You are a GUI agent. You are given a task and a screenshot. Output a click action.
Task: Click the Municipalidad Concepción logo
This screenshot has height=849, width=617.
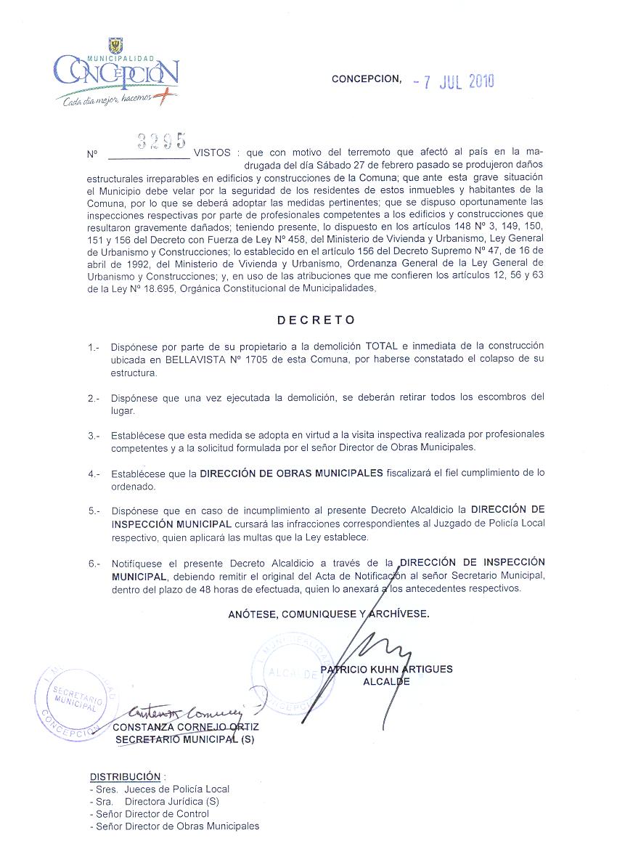(x=115, y=73)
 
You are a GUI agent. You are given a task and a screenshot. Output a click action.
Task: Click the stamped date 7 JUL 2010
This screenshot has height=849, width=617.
(x=453, y=81)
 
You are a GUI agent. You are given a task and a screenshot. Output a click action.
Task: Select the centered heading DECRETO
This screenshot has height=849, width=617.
(x=316, y=320)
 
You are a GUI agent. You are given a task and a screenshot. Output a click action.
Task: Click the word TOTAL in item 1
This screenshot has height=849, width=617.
(x=382, y=346)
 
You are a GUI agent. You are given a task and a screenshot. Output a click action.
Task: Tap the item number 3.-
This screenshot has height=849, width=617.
(x=94, y=436)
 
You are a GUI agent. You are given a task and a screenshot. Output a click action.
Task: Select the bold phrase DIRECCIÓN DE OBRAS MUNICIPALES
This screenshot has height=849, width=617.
(x=291, y=473)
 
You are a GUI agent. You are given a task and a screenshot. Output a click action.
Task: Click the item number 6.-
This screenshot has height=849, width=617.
(x=94, y=564)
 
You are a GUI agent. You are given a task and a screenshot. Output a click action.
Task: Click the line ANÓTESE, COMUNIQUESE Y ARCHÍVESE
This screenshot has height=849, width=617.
(x=328, y=614)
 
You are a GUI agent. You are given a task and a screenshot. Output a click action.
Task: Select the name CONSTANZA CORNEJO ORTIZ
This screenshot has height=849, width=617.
(x=186, y=726)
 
